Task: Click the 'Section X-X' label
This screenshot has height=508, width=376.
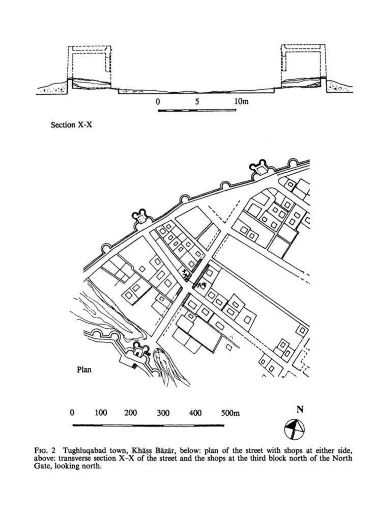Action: [71, 124]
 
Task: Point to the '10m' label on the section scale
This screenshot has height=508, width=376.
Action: [241, 101]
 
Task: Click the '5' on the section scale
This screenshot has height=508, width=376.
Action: [197, 101]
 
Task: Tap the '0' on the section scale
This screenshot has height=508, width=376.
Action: [158, 101]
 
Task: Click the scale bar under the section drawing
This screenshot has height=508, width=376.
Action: [197, 110]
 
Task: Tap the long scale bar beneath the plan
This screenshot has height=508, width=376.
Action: [148, 424]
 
